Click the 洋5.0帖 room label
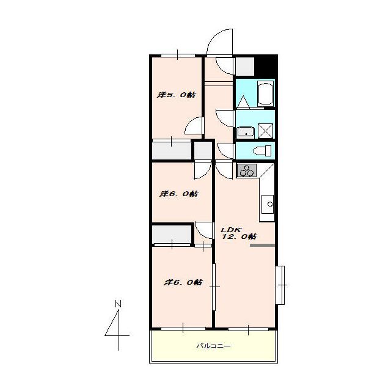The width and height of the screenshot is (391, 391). [177, 95]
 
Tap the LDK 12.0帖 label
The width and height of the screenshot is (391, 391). [239, 233]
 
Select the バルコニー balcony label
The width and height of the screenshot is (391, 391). [213, 346]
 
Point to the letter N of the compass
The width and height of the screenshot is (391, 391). [118, 304]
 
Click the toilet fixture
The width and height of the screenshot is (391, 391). [262, 151]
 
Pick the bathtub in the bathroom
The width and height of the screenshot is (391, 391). [266, 93]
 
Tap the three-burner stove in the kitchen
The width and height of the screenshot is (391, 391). [246, 171]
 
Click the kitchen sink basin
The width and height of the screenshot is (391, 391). [268, 204]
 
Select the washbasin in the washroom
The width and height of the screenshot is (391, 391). [246, 132]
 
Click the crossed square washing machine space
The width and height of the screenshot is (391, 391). [265, 131]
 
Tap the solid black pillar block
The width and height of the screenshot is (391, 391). [266, 65]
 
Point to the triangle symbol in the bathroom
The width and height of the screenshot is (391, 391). [243, 102]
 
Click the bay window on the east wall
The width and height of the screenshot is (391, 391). [280, 285]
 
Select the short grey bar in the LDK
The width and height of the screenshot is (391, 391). [262, 246]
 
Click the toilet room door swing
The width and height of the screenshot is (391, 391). [225, 151]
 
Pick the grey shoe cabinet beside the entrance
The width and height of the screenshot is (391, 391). [245, 67]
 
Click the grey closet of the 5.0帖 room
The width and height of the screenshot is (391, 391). [172, 150]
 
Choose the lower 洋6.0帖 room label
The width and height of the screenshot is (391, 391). [183, 282]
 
